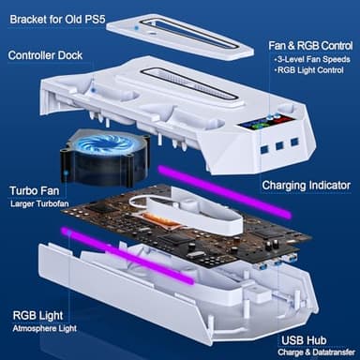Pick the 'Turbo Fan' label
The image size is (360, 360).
tap(36, 189)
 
